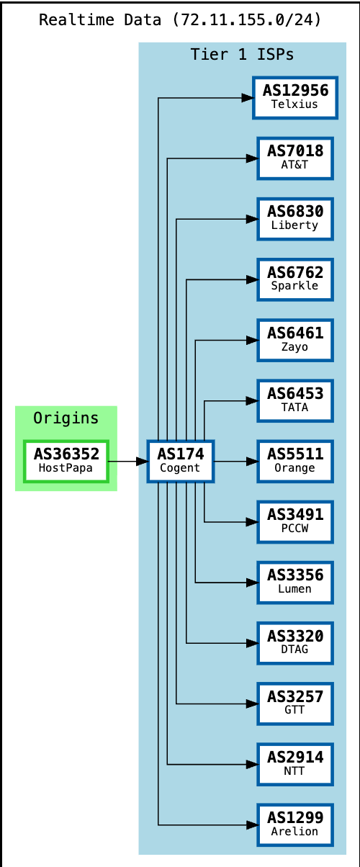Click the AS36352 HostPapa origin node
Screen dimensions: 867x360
(66, 461)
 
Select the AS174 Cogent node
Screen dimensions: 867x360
(181, 461)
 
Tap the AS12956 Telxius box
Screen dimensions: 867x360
(294, 97)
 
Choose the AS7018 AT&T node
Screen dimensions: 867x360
(294, 158)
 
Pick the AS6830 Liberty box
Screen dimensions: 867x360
(294, 219)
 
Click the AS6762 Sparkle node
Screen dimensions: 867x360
(294, 279)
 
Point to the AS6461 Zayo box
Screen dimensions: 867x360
(294, 340)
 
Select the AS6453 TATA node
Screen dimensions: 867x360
(294, 400)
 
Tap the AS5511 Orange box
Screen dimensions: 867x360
(294, 461)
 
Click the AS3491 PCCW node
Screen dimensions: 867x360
(294, 521)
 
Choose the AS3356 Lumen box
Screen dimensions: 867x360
(294, 582)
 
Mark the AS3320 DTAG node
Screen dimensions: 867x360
(294, 642)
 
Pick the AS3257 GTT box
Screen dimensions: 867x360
(294, 703)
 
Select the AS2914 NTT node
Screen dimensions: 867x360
(294, 763)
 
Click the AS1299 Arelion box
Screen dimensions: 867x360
(294, 824)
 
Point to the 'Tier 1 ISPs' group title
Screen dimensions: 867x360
(242, 55)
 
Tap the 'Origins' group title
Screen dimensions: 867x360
(66, 418)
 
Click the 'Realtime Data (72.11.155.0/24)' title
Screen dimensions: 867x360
(180, 19)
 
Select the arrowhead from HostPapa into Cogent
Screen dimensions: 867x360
(142, 461)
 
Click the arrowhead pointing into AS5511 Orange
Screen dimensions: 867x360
(252, 461)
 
